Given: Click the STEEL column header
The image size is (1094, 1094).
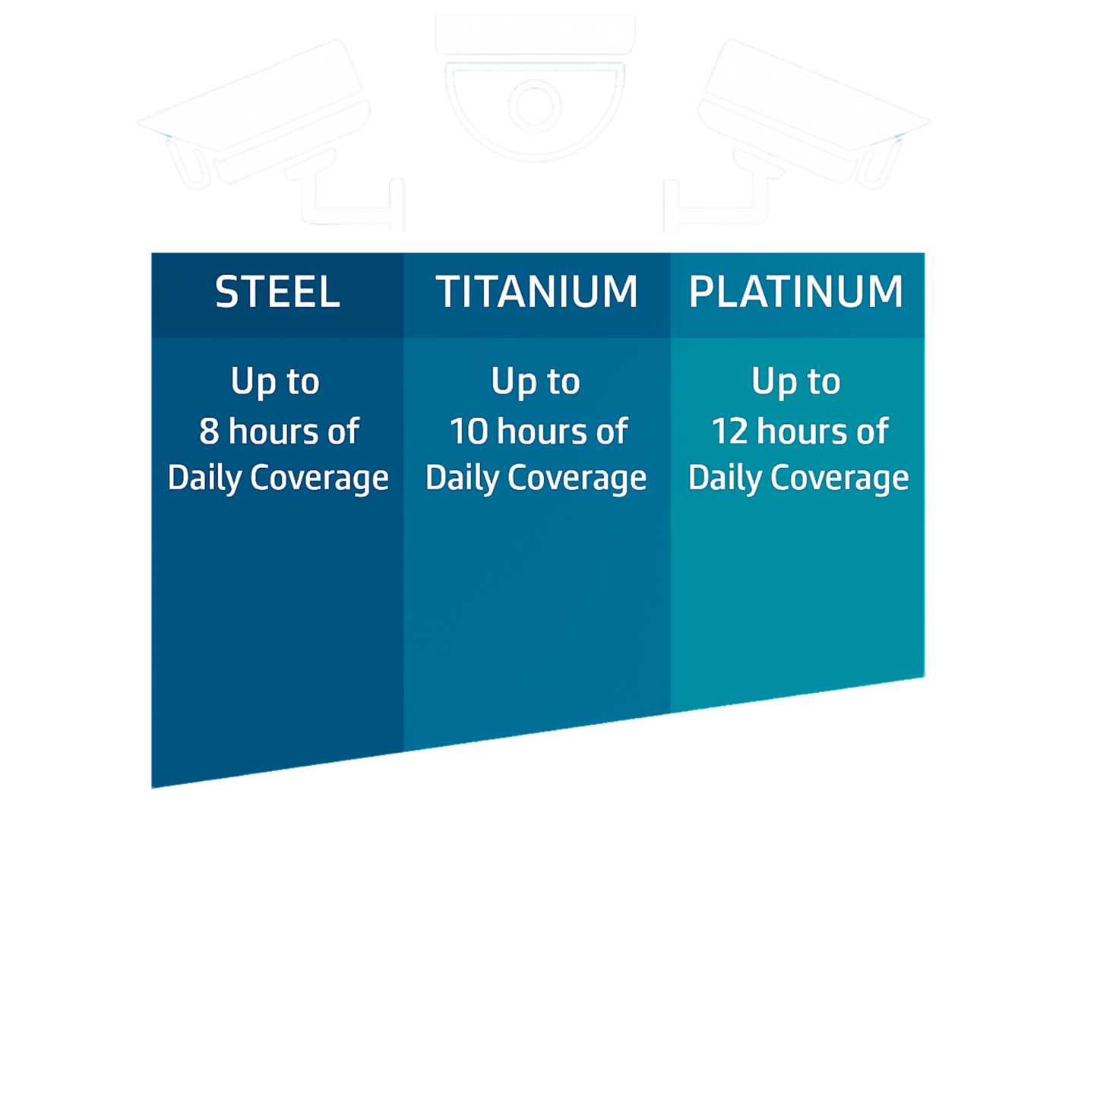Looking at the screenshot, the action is [277, 292].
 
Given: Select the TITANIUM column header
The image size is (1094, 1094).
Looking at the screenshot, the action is [536, 292].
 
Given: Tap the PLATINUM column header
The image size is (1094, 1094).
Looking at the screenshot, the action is [795, 292].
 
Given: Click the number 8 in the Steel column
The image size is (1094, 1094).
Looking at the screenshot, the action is [209, 432].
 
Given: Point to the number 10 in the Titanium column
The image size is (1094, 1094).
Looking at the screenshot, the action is [468, 432].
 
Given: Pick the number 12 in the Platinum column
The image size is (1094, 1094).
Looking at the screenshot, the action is [729, 432].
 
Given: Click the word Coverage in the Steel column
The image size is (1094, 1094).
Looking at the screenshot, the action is [319, 479].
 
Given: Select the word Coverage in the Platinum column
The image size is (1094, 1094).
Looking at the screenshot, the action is [839, 479].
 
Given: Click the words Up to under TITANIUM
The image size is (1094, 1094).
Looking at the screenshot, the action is [536, 381].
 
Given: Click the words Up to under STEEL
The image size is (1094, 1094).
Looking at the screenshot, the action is [275, 381].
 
